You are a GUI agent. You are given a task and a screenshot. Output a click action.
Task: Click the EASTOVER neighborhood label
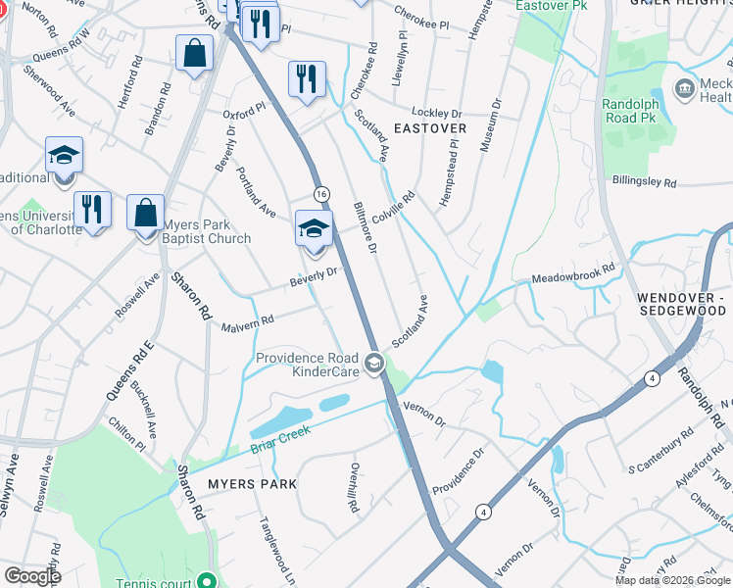428,128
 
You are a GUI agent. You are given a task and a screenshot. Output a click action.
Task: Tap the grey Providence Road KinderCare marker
373,365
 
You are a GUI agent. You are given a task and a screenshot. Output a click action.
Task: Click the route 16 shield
320,192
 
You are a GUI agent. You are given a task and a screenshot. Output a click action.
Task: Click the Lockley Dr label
436,113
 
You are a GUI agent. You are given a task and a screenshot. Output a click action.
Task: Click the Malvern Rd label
246,321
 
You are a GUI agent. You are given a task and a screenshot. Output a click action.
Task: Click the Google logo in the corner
32,576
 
